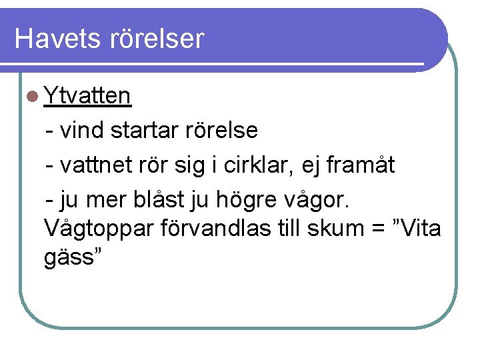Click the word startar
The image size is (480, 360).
tap(144, 130)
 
